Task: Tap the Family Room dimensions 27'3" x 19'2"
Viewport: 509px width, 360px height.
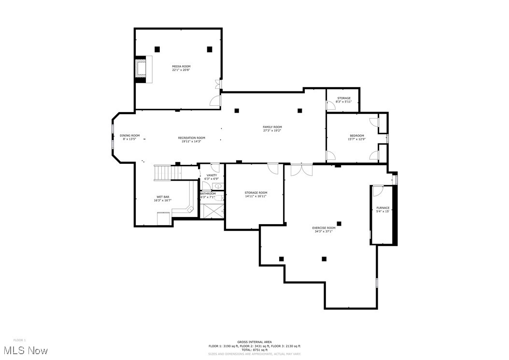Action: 272,130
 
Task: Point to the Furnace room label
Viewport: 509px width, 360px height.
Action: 383,208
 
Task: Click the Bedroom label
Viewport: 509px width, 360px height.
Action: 357,135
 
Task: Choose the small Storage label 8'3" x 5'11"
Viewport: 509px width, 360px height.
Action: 344,101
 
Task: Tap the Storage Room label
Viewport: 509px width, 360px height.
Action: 255,193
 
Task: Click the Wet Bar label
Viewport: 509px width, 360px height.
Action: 163,197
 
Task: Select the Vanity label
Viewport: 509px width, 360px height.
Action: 212,175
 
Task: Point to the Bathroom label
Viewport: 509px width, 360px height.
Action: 208,194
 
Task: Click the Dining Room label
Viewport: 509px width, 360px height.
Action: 129,135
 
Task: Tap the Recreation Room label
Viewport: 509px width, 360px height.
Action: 191,138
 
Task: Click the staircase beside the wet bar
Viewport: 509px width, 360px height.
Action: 163,173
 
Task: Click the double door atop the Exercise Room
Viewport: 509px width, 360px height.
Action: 301,170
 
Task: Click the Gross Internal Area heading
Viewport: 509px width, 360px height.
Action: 254,342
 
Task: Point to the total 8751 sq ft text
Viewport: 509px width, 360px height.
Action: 254,350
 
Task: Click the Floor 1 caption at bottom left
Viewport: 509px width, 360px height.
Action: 19,340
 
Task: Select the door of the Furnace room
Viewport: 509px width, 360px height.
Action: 378,190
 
